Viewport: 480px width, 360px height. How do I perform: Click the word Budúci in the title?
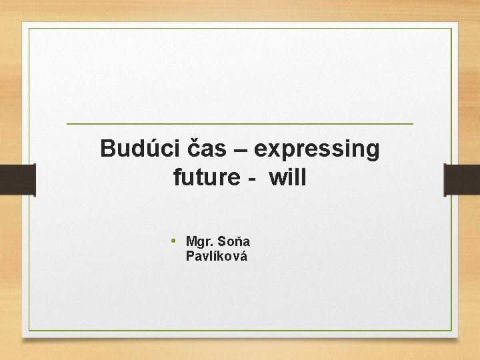pos(137,148)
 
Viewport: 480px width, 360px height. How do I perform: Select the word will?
pos(289,178)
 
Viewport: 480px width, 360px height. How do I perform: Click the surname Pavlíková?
pos(217,256)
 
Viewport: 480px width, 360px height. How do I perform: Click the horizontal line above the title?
pos(240,124)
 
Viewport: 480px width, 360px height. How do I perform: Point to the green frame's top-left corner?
pos(29,29)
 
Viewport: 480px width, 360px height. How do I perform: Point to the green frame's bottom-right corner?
pos(451,331)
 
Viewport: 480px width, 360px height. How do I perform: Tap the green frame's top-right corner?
pos(451,29)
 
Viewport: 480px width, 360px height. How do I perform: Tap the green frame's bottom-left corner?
pos(29,331)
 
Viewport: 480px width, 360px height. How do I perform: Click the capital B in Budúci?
pos(107,148)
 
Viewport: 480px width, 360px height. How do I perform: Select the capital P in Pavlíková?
pos(190,256)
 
